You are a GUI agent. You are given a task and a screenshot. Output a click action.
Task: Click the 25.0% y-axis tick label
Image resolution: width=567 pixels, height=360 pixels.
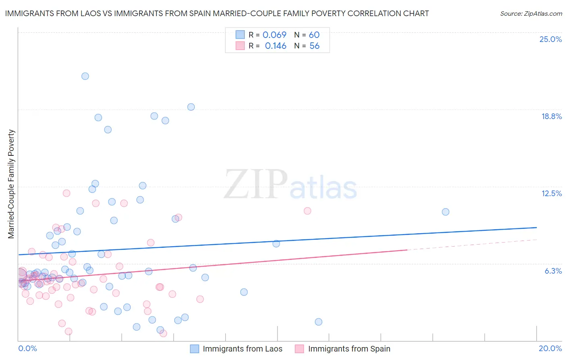(550, 39)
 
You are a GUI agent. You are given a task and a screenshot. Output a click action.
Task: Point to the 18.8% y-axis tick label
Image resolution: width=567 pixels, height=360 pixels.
(551, 116)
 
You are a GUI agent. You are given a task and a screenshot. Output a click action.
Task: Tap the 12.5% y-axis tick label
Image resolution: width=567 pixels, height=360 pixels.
(551, 193)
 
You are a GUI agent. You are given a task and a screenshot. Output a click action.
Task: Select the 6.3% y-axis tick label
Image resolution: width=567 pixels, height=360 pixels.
(553, 271)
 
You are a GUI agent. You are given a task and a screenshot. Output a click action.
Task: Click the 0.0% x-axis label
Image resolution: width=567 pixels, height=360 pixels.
(27, 348)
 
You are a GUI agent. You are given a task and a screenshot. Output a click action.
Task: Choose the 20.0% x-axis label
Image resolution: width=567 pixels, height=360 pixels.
(550, 348)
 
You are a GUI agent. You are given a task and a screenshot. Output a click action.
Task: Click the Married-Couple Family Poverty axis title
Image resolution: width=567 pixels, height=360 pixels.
(11, 184)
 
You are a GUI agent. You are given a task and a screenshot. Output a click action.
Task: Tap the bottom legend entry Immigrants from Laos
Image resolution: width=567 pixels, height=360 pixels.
(242, 349)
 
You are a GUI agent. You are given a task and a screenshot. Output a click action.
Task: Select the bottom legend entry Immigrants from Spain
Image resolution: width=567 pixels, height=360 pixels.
(349, 349)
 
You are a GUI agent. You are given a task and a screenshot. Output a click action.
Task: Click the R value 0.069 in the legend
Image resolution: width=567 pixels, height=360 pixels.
(274, 35)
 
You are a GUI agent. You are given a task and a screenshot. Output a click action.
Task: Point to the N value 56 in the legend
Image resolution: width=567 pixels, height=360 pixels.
(314, 46)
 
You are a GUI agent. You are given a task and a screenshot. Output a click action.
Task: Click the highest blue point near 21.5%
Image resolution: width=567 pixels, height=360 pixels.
(85, 76)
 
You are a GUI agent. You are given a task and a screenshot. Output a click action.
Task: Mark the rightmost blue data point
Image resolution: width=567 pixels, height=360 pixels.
(446, 212)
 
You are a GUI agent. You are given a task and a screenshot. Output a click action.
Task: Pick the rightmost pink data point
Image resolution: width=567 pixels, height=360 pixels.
(307, 211)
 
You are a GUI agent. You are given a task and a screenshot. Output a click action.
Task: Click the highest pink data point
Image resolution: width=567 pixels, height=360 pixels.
(67, 193)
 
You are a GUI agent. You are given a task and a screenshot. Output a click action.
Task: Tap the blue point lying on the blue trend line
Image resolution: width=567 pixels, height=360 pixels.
(276, 244)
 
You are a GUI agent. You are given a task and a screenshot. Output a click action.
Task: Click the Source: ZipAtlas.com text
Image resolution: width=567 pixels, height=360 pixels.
(531, 14)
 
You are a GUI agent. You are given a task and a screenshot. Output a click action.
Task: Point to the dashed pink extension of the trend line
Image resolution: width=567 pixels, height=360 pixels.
(472, 245)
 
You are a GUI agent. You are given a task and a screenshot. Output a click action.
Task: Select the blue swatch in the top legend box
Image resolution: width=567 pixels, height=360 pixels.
(240, 35)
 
